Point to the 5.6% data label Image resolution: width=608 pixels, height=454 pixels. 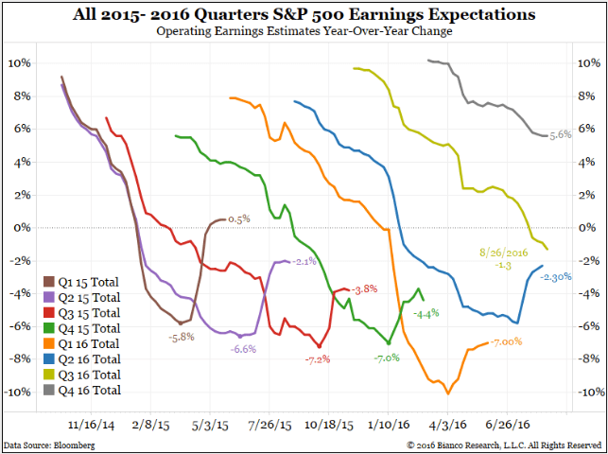pos(561,135)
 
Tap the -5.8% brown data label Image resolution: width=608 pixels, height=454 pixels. pos(182,336)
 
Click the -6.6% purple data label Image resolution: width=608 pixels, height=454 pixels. pos(244,349)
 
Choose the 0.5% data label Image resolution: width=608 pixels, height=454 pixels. pos(238,218)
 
